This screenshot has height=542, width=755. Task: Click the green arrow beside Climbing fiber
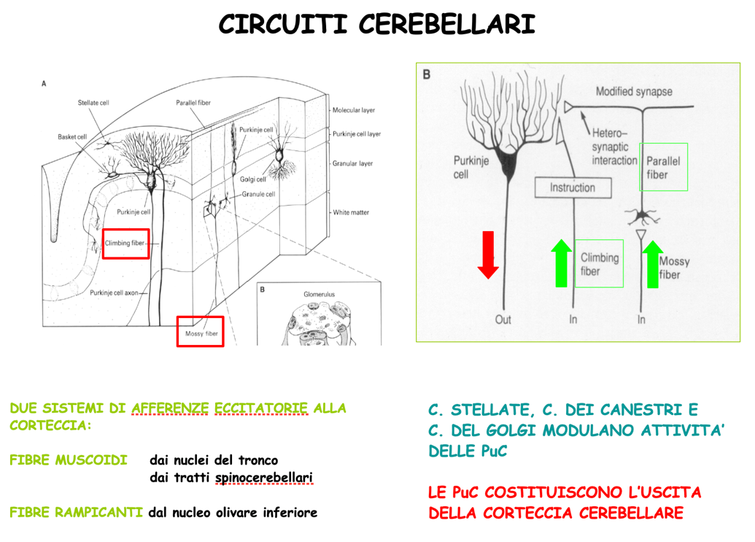561,263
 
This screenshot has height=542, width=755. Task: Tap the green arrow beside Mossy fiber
652,264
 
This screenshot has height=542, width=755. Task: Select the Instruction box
573,187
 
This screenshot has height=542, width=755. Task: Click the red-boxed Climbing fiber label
125,244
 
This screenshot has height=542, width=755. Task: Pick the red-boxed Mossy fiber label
201,332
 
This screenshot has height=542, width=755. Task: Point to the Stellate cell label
93,103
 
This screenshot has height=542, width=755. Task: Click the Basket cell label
72,136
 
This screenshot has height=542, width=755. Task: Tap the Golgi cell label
253,179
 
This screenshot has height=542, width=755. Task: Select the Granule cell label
258,194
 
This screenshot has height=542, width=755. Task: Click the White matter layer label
351,212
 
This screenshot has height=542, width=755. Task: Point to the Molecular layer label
353,110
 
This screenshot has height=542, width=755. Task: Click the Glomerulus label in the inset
320,294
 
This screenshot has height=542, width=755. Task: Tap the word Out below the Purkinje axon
503,320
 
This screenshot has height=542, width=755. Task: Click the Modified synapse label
634,91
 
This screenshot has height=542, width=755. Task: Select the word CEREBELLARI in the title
447,24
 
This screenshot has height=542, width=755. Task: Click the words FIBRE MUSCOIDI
69,460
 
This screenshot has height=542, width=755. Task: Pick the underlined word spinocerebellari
264,478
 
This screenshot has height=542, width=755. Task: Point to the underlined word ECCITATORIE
261,409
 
